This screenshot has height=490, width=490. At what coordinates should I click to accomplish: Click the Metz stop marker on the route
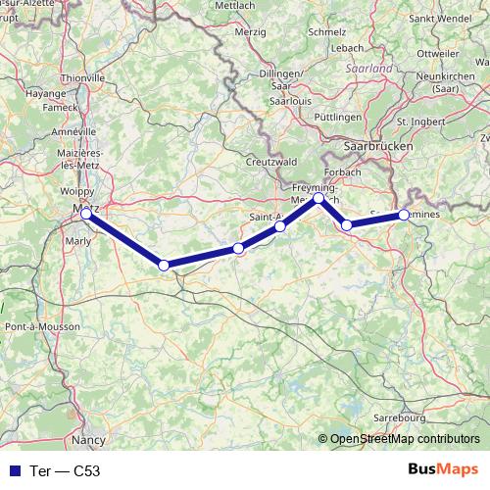[86, 214]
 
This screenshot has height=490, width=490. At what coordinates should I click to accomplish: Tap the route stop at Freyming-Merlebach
[318, 198]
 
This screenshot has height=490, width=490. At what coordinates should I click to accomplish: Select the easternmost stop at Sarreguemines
[404, 215]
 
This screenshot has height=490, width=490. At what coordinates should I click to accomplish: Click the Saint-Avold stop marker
[280, 226]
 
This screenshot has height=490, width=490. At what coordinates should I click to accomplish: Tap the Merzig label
[252, 32]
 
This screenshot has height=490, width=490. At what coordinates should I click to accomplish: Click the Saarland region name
[369, 70]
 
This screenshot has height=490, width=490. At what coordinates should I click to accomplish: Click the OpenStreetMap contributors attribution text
[405, 439]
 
